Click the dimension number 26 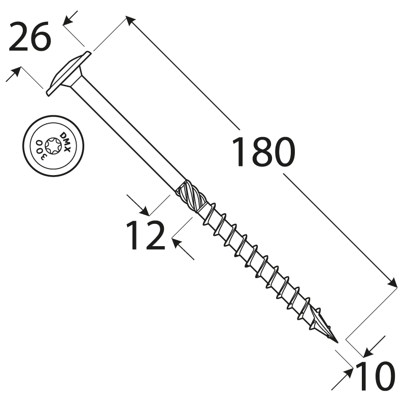click(x=30, y=37)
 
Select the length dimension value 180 click(x=263, y=152)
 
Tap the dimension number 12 click(x=145, y=235)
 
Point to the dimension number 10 click(x=375, y=376)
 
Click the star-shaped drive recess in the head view click(x=53, y=146)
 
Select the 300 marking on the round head click(x=41, y=150)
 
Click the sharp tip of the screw click(x=337, y=342)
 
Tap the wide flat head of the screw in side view click(x=69, y=74)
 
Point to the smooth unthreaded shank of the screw click(x=128, y=135)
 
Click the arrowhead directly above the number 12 click(x=145, y=211)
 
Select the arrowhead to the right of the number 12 click(x=177, y=243)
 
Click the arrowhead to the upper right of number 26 click(x=68, y=20)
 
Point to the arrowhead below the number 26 click(x=16, y=72)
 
